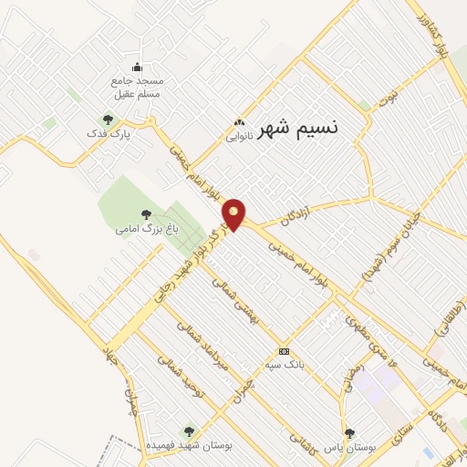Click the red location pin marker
click(234, 214)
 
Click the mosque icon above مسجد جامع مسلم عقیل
click(137, 67)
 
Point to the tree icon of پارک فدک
click(108, 119)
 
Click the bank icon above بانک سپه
click(284, 351)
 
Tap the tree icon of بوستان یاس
click(348, 433)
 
